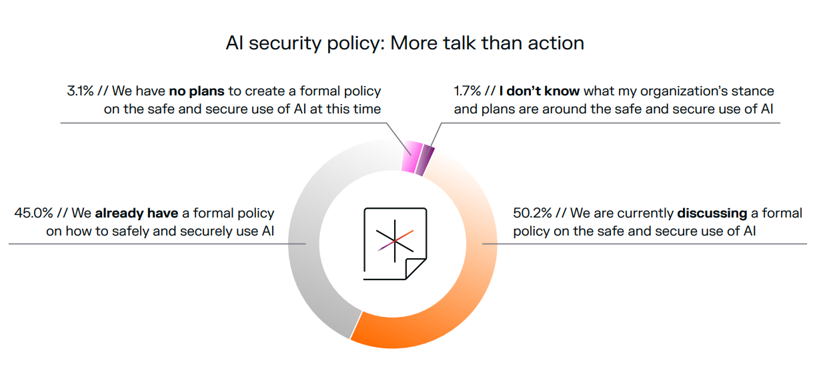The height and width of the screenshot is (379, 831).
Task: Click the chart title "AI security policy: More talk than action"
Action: point(405,43)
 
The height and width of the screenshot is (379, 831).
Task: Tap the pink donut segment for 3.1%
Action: point(411,157)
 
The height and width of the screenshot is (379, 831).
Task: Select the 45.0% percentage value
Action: point(34,213)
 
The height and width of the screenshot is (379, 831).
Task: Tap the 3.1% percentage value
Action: point(80,91)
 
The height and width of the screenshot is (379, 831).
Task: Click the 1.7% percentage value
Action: point(467,91)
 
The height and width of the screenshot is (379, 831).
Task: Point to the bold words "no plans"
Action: point(197,91)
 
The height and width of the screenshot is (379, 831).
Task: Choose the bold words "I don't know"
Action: point(540,91)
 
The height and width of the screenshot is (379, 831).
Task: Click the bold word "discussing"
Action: point(712,214)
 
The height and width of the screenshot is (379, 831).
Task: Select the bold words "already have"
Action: point(137,214)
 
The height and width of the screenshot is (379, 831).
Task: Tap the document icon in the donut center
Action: point(395,244)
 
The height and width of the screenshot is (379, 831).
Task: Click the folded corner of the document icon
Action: point(416,268)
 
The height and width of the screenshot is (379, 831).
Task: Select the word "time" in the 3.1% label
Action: point(367,109)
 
